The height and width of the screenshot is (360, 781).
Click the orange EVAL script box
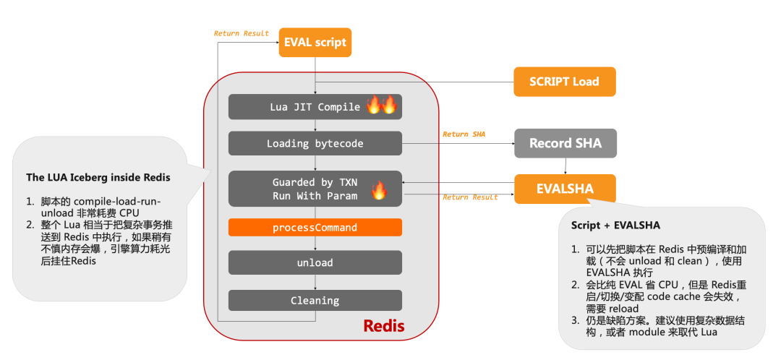pyautogui.click(x=315, y=43)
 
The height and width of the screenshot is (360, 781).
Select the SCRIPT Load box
pyautogui.click(x=564, y=82)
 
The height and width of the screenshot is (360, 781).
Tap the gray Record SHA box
pyautogui.click(x=565, y=143)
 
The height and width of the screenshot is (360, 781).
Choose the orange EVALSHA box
pyautogui.click(x=565, y=189)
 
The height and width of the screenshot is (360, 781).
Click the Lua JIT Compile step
pyautogui.click(x=315, y=107)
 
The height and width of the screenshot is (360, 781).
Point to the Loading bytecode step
pyautogui.click(x=315, y=143)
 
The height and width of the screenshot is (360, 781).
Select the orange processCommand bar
pyautogui.click(x=315, y=227)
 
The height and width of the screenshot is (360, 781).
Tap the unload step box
pyautogui.click(x=315, y=262)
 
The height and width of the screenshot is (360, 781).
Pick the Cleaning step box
pyautogui.click(x=315, y=300)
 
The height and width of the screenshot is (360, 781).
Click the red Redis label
pyautogui.click(x=383, y=326)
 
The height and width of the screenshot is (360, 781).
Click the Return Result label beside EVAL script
pyautogui.click(x=242, y=33)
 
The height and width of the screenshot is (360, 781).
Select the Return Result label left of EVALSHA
pyautogui.click(x=470, y=197)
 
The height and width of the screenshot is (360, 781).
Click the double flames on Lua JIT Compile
pyautogui.click(x=382, y=106)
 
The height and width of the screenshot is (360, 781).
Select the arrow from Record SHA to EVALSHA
pyautogui.click(x=566, y=166)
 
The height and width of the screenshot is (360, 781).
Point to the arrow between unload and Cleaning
pyautogui.click(x=315, y=282)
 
